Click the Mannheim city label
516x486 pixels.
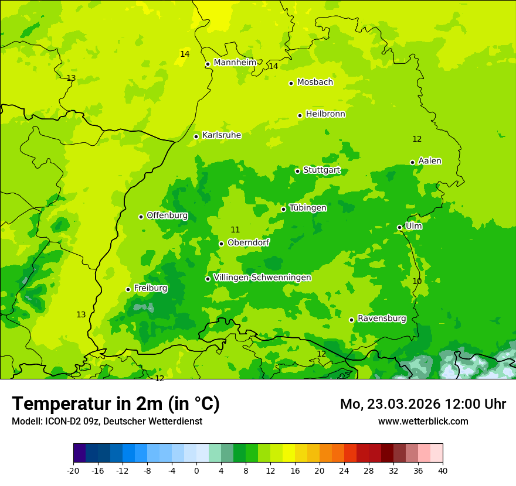pos(235,63)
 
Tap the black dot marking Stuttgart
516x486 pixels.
pos(297,171)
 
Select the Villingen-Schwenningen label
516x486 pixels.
pos(262,278)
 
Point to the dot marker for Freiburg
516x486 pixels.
pos(128,289)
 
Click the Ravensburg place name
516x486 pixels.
pos(382,319)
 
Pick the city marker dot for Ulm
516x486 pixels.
pos(399,227)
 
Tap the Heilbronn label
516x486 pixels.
pos(325,114)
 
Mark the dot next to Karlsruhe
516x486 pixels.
pos(196,136)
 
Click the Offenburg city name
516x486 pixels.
pos(167,215)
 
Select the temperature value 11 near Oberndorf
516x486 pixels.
pos(235,230)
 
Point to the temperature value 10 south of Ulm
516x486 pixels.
pos(417,282)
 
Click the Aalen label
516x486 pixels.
pos(430,161)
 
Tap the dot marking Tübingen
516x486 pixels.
pos(283,209)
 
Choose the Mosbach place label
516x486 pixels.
pos(315,83)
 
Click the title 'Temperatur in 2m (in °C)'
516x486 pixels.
pos(116,404)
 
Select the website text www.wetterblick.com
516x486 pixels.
pos(423,421)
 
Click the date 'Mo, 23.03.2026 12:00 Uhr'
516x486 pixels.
pos(423,404)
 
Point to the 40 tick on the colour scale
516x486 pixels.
pos(442,470)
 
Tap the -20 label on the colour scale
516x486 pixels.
pos(73,470)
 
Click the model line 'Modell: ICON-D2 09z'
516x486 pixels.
pos(107,421)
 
